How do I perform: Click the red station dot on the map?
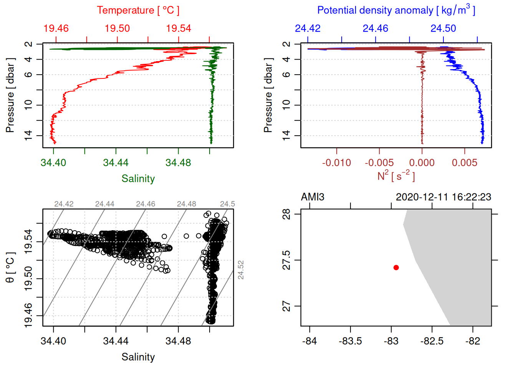pyautogui.click(x=396, y=268)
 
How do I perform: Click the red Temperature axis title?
pyautogui.click(x=138, y=10)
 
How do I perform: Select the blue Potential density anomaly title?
pyautogui.click(x=396, y=10)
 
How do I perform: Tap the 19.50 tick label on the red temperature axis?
pyautogui.click(x=117, y=28)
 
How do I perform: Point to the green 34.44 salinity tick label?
pyautogui.click(x=116, y=163)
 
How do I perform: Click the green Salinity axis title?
pyautogui.click(x=138, y=179)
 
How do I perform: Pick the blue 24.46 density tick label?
pyautogui.click(x=375, y=28)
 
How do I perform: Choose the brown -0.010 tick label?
pyautogui.click(x=336, y=163)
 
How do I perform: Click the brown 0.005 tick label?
pyautogui.click(x=465, y=163)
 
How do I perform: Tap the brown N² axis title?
pyautogui.click(x=396, y=176)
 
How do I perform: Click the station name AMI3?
pyautogui.click(x=313, y=197)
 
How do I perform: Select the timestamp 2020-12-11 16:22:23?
pyautogui.click(x=443, y=197)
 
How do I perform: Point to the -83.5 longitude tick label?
pyautogui.click(x=350, y=341)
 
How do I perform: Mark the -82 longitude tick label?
pyautogui.click(x=473, y=341)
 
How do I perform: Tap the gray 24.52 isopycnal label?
pyautogui.click(x=241, y=270)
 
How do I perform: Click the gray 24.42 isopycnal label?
pyautogui.click(x=64, y=204)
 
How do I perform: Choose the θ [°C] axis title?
pyautogui.click(x=10, y=268)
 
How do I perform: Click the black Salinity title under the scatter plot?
pyautogui.click(x=138, y=357)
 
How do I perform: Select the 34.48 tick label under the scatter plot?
pyautogui.click(x=178, y=341)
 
